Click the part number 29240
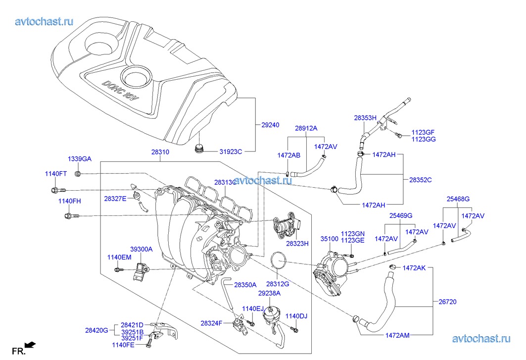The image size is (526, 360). pos(270,125)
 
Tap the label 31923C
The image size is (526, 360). pos(231,152)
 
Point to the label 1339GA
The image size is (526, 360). pos(80,159)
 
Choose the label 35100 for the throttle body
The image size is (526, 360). pos(329,239)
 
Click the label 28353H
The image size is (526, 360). pos(365,118)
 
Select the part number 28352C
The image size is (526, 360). pos(420,180)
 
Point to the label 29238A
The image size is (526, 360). pos(269,293)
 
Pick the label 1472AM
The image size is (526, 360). pos(397,335)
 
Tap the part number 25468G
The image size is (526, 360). pos(458,199)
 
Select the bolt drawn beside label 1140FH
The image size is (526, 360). pos(70,216)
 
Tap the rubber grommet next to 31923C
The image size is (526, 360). pos(200,149)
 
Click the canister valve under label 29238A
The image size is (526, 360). pos(270,313)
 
